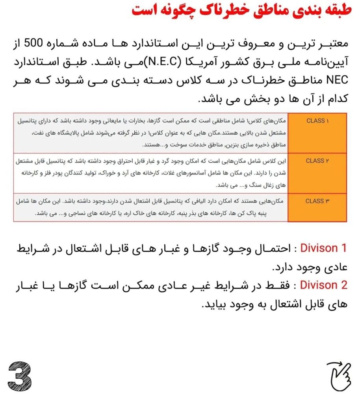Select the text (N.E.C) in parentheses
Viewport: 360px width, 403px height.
coord(163,61)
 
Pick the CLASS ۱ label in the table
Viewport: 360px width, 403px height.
coord(317,121)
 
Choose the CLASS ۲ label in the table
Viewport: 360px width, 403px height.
coord(317,161)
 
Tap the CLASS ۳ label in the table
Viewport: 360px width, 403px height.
coord(317,201)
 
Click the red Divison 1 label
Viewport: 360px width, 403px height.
coord(323,248)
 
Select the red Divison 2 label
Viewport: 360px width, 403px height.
coord(323,285)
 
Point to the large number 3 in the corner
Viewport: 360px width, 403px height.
coord(20,374)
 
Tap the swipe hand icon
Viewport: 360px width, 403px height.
coord(338,374)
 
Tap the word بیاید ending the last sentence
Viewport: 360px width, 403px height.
coord(214,305)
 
